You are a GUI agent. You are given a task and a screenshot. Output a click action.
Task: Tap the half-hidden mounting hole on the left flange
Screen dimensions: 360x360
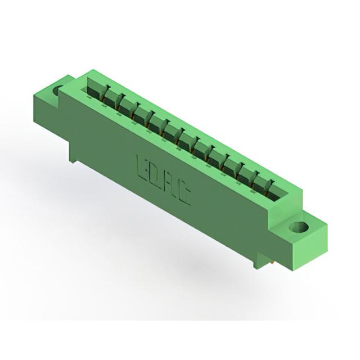pyautogui.click(x=57, y=91)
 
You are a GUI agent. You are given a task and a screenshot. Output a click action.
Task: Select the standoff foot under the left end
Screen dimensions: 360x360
pyautogui.click(x=73, y=159)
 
